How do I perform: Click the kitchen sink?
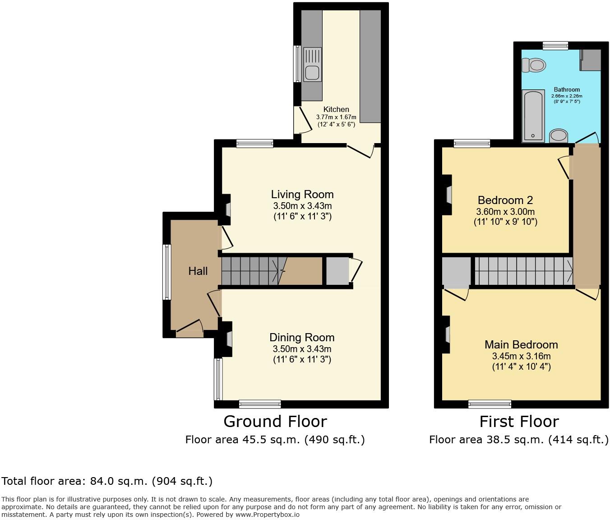(x=312, y=65)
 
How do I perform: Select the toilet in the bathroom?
(x=533, y=65)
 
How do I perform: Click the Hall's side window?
(x=167, y=272)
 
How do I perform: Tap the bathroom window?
(x=555, y=45)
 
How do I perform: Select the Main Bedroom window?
(x=490, y=404)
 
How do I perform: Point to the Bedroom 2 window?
(x=471, y=144)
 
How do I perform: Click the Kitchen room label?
(x=336, y=109)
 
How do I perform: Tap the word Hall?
(x=198, y=271)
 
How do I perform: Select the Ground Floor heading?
(x=275, y=421)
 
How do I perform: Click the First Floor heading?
(x=519, y=421)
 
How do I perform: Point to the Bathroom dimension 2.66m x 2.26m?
(x=567, y=96)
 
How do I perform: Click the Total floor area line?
(x=107, y=481)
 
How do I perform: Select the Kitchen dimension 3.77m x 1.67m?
(x=336, y=117)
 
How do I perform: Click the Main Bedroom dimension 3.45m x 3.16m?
(x=521, y=356)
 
